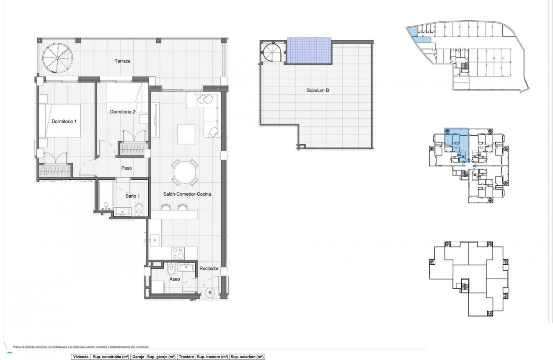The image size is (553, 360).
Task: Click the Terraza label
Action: [x=123, y=61]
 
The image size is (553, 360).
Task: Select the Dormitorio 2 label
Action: [x=122, y=112]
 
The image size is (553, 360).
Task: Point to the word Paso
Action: [x=127, y=168]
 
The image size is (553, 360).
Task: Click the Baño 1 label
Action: [x=132, y=195]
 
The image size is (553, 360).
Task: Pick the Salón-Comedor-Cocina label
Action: [x=187, y=194]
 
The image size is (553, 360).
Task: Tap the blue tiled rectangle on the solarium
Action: [x=309, y=51]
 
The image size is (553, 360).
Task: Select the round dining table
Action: [x=185, y=173]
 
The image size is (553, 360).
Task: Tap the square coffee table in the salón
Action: [x=186, y=134]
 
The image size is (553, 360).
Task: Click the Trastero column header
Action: [x=186, y=357]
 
